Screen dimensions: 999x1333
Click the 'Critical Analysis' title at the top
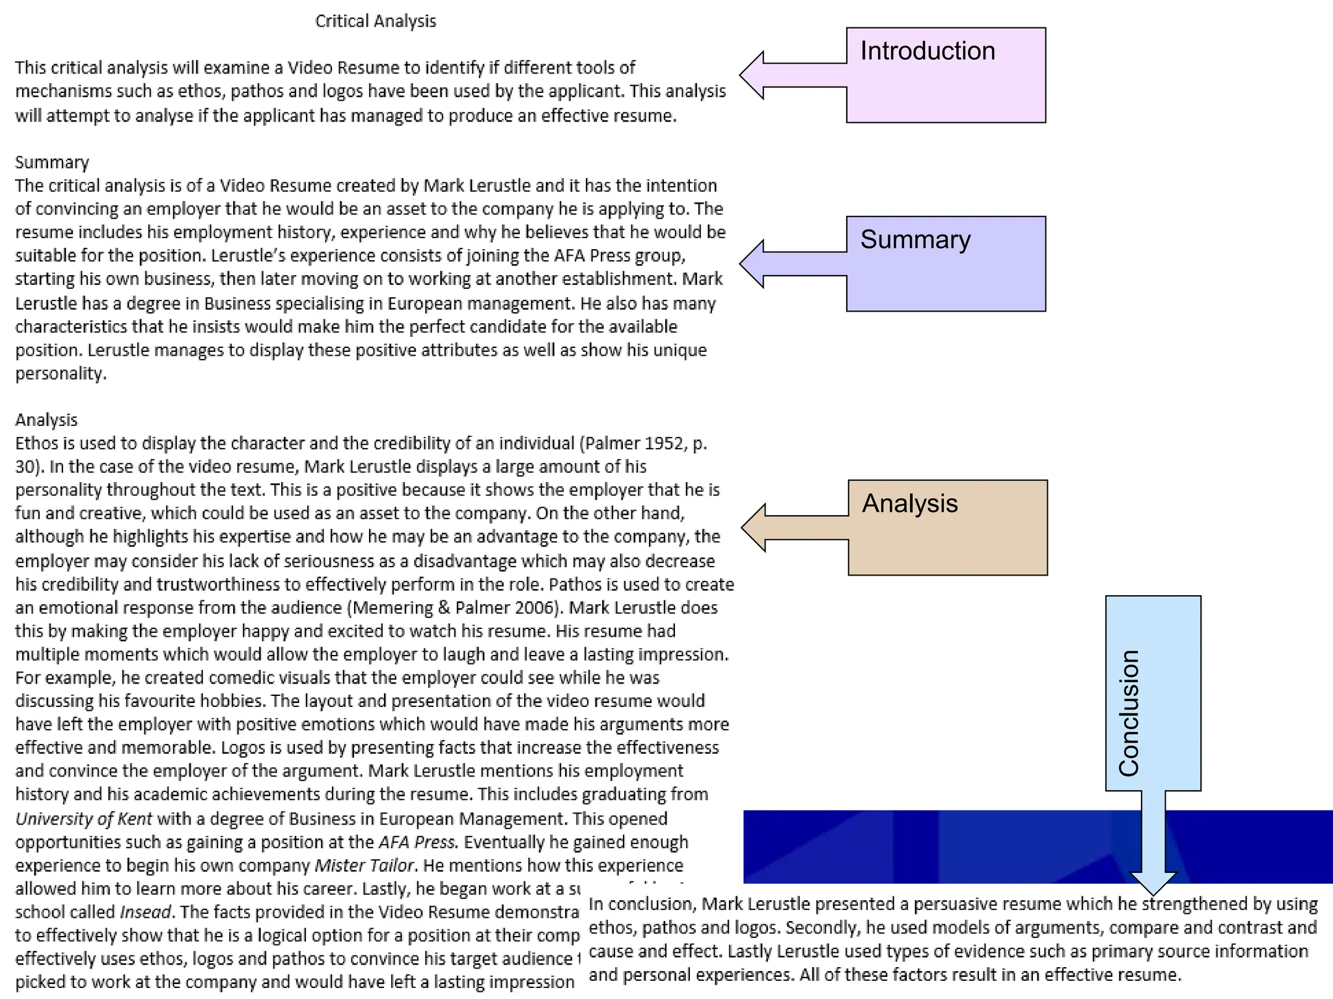[x=376, y=21]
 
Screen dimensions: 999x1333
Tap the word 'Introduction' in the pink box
[x=928, y=51]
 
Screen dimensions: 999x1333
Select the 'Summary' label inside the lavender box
[x=915, y=239]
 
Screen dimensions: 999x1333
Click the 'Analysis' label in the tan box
[x=909, y=503]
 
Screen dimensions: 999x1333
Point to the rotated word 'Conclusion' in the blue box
[x=1129, y=713]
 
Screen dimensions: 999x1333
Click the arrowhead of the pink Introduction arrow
[x=752, y=75]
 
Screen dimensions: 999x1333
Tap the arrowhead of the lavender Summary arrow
[x=752, y=264]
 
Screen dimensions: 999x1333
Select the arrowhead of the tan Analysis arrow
[x=754, y=527]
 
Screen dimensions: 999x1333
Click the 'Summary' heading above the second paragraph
[x=52, y=162]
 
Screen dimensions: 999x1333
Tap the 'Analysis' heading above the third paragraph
[x=46, y=420]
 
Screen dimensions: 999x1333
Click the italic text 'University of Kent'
[x=84, y=818]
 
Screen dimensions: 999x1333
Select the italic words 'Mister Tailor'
[x=364, y=865]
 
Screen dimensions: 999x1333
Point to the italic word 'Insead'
[x=146, y=912]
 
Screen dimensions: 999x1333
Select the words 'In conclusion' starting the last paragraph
[x=640, y=904]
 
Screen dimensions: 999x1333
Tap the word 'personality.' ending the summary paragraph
[x=61, y=373]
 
